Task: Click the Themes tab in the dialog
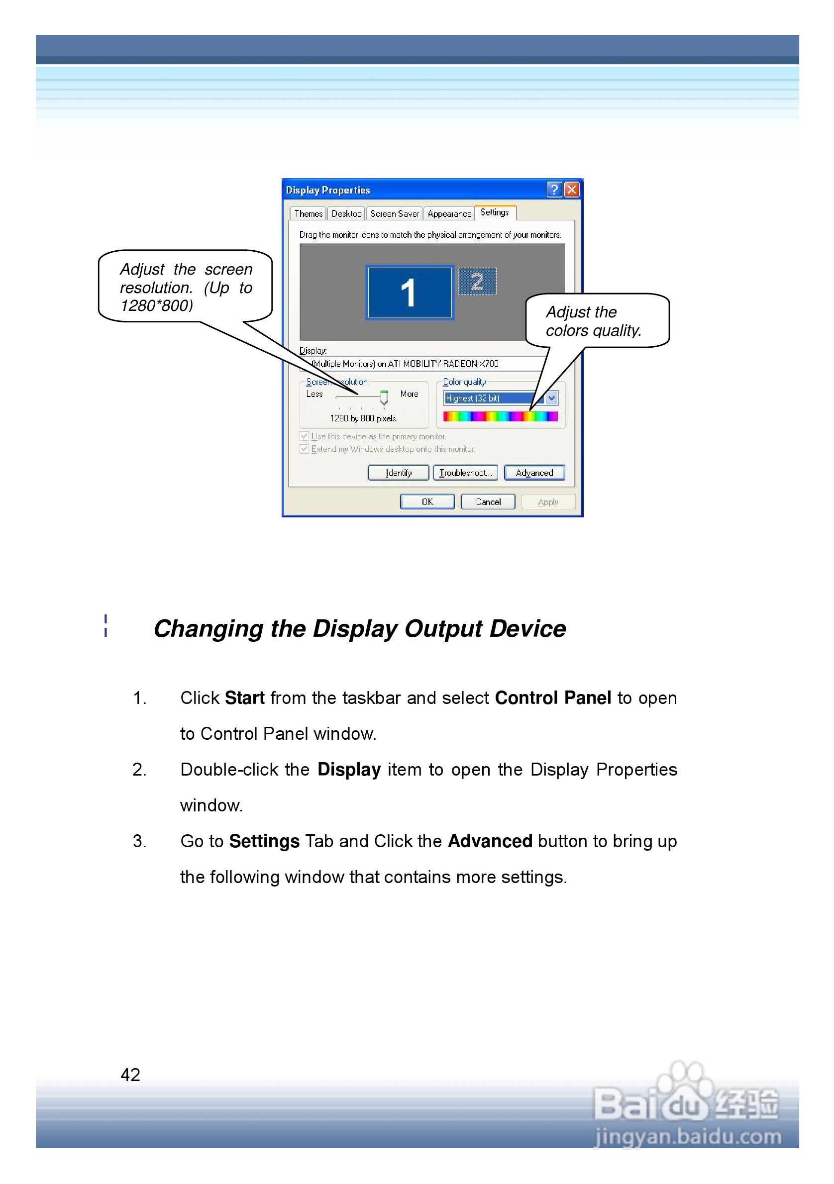point(308,213)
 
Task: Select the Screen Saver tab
point(394,213)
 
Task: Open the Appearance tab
point(449,213)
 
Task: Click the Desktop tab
point(346,213)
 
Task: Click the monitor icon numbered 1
point(409,293)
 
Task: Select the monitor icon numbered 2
point(477,282)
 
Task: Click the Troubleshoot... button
point(465,473)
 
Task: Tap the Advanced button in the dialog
point(534,473)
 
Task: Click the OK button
point(427,502)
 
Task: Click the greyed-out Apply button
point(548,502)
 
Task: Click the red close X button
point(571,190)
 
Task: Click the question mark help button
point(554,190)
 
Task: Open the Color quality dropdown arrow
point(551,398)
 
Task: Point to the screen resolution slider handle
point(384,397)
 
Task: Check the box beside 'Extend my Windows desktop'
point(305,449)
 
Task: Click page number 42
point(130,1075)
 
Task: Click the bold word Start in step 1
point(244,698)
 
